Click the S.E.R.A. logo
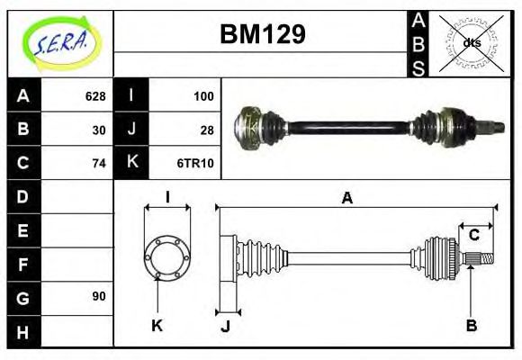[58, 41]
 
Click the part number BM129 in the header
[263, 34]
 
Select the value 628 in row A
[95, 96]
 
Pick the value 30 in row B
[99, 130]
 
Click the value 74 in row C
[99, 163]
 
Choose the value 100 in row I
[202, 96]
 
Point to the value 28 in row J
[206, 130]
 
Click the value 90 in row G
[99, 296]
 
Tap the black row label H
[22, 330]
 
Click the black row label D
[22, 196]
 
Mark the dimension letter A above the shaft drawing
[346, 198]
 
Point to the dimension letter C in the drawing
[473, 236]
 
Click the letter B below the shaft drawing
[471, 325]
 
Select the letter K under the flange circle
[156, 325]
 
